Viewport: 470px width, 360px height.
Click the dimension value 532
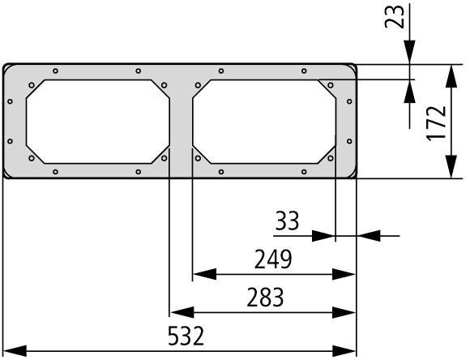186,336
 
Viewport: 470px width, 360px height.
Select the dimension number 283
265,298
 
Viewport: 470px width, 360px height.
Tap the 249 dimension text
273,259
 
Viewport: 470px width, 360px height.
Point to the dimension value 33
287,221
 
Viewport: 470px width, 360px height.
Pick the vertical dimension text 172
436,123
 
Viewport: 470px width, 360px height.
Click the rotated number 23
395,17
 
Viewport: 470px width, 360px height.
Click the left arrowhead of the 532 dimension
15,351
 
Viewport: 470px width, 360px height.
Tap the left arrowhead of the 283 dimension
182,312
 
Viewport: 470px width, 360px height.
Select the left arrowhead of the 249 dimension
205,274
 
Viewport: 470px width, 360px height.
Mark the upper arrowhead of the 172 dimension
451,76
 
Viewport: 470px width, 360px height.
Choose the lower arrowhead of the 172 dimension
451,166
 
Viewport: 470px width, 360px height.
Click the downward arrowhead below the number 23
409,52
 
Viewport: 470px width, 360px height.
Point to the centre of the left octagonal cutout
98,122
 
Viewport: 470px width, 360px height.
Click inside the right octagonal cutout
264,122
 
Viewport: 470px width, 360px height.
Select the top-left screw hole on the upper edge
55,71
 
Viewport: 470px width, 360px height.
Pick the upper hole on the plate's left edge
11,101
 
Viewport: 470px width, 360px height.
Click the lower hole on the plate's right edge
349,141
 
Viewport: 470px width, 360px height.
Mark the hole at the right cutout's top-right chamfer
331,85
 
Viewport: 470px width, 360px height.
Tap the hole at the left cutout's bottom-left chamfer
32,158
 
